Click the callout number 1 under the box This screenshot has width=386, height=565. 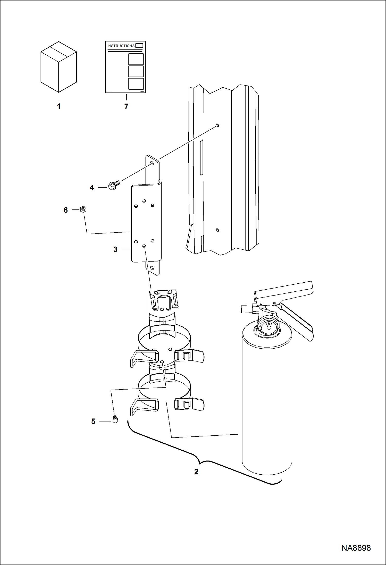(x=59, y=106)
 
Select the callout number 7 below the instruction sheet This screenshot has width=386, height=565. (x=126, y=106)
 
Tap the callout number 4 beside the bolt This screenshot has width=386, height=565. (x=92, y=188)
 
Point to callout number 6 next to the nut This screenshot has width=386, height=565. (x=66, y=210)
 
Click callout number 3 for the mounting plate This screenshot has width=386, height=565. (x=115, y=249)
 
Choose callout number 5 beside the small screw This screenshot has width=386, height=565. (x=93, y=421)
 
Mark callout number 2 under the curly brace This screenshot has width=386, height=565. (x=196, y=471)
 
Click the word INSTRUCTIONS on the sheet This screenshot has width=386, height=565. (x=121, y=46)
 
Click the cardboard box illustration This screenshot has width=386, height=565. (x=59, y=67)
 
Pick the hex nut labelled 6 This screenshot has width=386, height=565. (x=83, y=209)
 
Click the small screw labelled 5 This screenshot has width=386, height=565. (x=115, y=419)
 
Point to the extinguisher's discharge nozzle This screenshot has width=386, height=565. (x=246, y=309)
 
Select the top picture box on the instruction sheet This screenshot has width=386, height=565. (x=136, y=59)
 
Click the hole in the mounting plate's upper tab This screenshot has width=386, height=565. (x=152, y=163)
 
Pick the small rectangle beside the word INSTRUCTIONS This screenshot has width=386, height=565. (x=139, y=46)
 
